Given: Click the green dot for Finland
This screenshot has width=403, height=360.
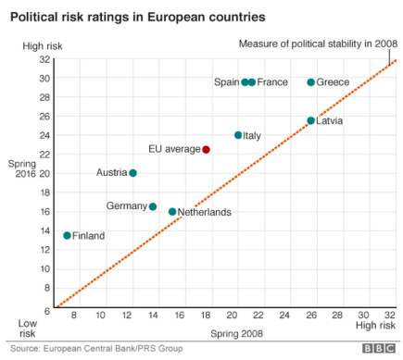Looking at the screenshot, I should [x=67, y=235].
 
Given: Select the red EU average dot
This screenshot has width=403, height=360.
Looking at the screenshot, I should [x=206, y=149].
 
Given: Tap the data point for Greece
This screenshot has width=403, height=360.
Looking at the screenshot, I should [x=310, y=82].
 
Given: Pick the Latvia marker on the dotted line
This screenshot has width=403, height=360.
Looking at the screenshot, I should [x=310, y=120].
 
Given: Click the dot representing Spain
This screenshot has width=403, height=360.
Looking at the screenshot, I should [x=245, y=82].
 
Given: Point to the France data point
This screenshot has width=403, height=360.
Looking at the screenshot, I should [x=252, y=82].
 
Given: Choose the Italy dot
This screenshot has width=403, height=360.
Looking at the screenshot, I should [x=238, y=135].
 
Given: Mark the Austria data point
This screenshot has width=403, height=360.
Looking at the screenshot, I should [x=132, y=173].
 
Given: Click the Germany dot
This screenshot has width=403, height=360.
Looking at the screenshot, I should [x=153, y=206].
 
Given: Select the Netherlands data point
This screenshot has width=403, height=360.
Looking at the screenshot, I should [x=172, y=211].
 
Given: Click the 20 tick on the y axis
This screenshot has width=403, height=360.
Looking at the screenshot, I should [x=44, y=173].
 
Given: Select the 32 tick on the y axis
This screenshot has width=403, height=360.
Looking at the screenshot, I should [x=44, y=59].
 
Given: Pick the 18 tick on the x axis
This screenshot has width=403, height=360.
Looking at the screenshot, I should [x=206, y=317].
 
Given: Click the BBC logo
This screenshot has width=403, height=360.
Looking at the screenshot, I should [x=377, y=349].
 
